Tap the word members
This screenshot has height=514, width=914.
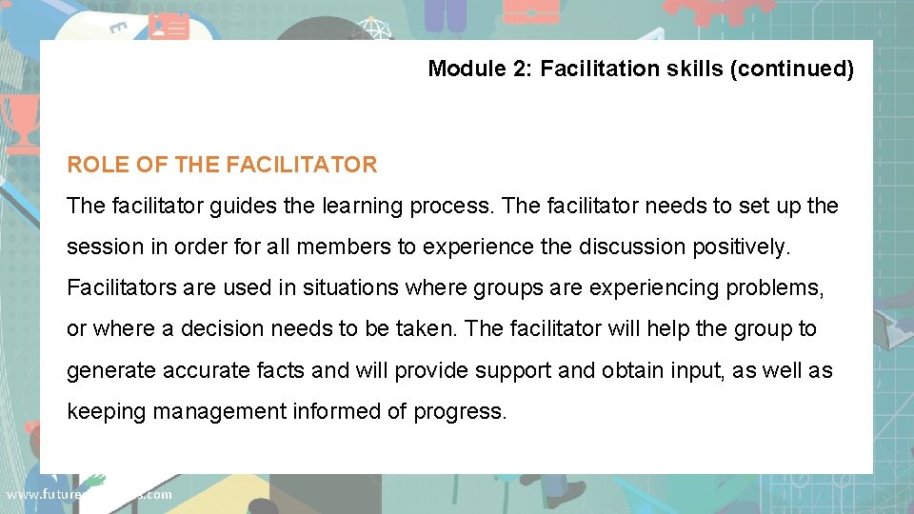click(344, 247)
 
